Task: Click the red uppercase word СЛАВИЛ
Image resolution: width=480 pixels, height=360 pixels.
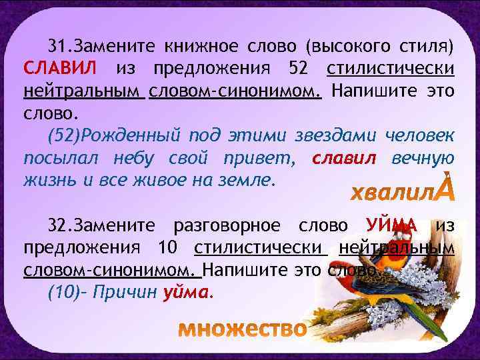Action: (60, 68)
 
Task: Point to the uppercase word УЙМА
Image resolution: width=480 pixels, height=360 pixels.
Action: (391, 226)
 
